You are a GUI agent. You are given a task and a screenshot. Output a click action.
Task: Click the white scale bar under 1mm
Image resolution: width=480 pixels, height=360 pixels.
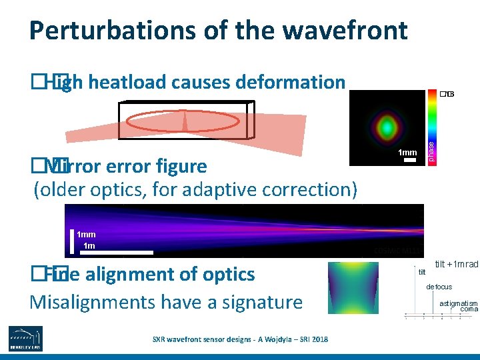[x=409, y=161]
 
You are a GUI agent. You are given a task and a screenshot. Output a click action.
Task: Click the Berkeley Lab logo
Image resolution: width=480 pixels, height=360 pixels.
[x=26, y=338]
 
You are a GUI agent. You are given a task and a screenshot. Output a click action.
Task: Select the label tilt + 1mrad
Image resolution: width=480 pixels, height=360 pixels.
[x=456, y=265]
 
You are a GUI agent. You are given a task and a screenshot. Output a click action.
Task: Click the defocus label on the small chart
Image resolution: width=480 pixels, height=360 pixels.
[x=439, y=287]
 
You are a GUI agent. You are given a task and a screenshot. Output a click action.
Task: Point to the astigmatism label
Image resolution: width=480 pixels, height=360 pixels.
[x=458, y=303]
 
